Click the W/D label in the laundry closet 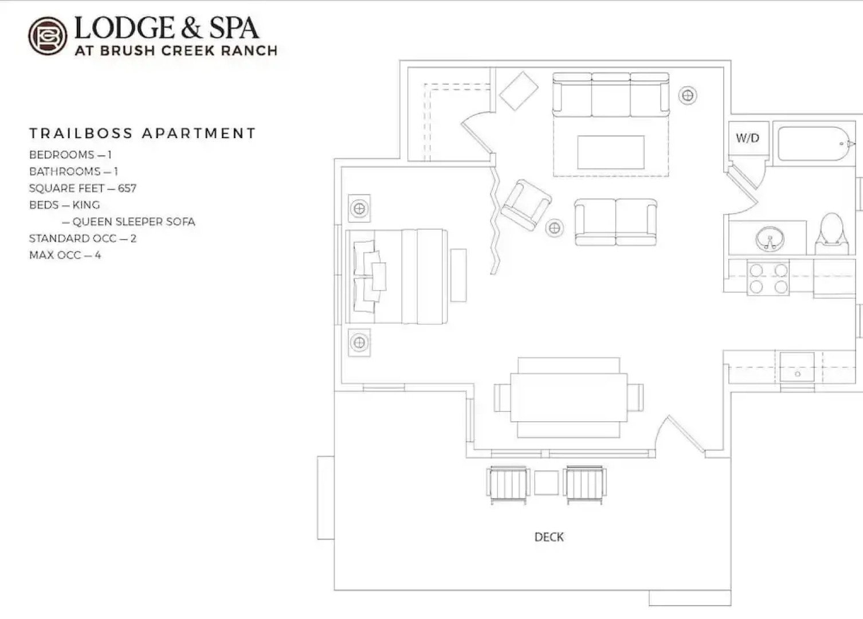[x=747, y=138]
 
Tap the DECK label [x=548, y=537]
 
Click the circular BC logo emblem [x=48, y=36]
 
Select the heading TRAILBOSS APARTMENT [x=142, y=134]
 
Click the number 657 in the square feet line [x=127, y=188]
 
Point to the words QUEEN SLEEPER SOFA [x=134, y=222]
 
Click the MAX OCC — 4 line [x=65, y=255]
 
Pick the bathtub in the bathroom [x=813, y=144]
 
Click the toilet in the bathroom [x=831, y=234]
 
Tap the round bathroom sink [x=769, y=238]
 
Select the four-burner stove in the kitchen [x=768, y=278]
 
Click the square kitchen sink [x=797, y=367]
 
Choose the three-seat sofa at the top [x=610, y=95]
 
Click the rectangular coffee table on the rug [x=611, y=152]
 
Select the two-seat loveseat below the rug [x=615, y=222]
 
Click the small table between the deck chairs [x=546, y=483]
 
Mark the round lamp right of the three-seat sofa [x=688, y=95]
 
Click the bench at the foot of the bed [x=458, y=275]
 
